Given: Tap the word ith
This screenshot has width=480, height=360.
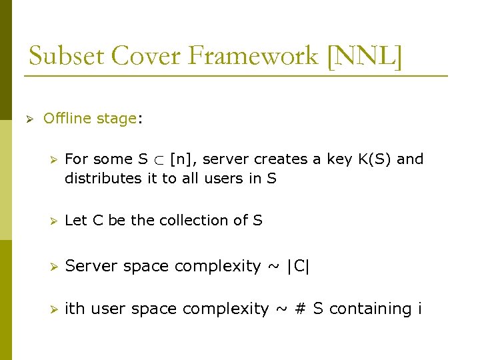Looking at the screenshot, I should click(75, 309).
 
